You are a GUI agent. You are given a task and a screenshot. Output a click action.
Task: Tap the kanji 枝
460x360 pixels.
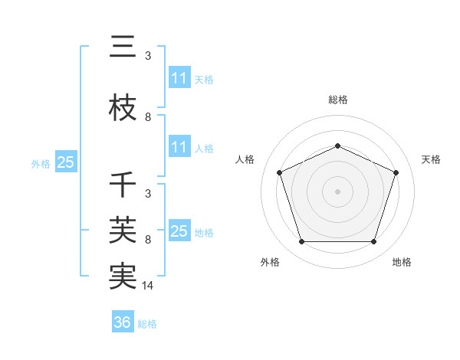click(x=123, y=107)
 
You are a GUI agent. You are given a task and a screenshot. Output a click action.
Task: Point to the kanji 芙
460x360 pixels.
click(x=123, y=227)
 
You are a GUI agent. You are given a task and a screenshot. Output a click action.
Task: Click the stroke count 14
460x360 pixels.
click(x=149, y=286)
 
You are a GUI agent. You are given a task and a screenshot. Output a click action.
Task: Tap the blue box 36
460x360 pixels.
click(x=123, y=322)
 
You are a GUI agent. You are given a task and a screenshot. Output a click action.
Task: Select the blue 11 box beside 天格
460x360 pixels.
click(x=179, y=78)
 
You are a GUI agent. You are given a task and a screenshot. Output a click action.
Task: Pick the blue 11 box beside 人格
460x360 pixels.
click(x=179, y=147)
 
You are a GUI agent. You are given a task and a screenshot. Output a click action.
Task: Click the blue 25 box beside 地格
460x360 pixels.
click(x=179, y=231)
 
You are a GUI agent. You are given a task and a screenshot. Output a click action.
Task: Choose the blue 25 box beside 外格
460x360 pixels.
click(x=65, y=162)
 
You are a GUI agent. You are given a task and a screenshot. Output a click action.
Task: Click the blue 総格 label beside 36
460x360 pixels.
click(x=147, y=324)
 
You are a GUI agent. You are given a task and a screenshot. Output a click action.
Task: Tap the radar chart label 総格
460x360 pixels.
click(x=338, y=100)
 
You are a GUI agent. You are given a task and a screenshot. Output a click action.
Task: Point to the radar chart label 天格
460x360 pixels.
click(x=431, y=159)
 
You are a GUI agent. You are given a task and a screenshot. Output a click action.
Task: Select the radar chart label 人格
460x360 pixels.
click(x=245, y=159)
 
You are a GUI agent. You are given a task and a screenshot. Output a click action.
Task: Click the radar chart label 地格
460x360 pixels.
click(x=402, y=262)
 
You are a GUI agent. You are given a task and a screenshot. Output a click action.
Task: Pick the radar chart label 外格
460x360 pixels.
click(x=270, y=262)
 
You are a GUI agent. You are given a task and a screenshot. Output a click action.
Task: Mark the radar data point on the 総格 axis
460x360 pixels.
click(x=338, y=146)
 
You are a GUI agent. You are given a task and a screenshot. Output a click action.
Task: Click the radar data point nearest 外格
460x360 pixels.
click(x=301, y=242)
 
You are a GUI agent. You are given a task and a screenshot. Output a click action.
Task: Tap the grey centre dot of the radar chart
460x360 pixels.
click(x=338, y=191)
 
